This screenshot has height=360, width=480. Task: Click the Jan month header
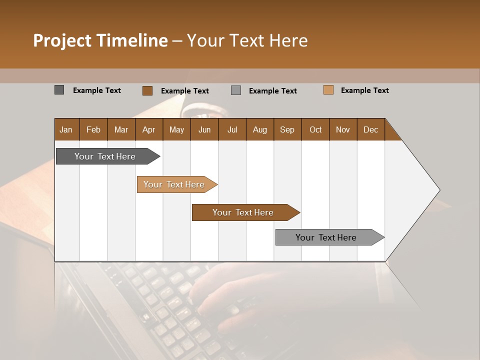coord(66,129)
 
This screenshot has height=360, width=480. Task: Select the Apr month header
coord(148,129)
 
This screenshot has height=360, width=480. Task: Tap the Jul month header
coord(232,129)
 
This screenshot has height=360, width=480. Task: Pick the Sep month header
coord(287,129)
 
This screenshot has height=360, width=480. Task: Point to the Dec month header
coord(370,129)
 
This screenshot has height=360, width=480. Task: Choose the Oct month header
coord(315,129)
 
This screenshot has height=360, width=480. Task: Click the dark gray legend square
coord(59,90)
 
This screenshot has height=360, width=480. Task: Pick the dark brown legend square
coord(147,90)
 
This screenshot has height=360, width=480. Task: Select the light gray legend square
coord(236,90)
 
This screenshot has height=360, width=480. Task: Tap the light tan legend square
coord(328,90)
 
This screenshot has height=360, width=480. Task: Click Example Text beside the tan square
coord(364,90)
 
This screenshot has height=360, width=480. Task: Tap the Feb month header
coord(93,129)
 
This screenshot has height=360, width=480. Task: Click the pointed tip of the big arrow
coord(438,190)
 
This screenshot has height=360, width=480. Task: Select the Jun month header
coord(204,129)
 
